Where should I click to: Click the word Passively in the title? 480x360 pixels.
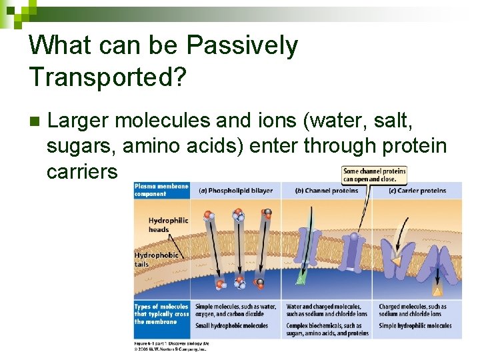[x=242, y=46]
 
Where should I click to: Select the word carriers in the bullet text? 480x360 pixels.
[x=82, y=171]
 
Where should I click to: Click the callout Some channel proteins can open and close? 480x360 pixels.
[x=373, y=175]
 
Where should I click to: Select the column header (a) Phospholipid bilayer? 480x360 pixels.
[x=235, y=191]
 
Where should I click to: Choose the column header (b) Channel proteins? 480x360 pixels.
[x=326, y=191]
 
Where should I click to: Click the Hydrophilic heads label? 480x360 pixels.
[x=168, y=225]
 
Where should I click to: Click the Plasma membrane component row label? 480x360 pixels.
[x=161, y=189]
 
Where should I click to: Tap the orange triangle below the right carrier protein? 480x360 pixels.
[x=437, y=291]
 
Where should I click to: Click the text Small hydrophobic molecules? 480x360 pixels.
[x=231, y=326]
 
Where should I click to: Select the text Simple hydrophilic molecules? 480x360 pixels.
[x=415, y=326]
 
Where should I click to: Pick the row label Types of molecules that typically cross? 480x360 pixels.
[x=161, y=314]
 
